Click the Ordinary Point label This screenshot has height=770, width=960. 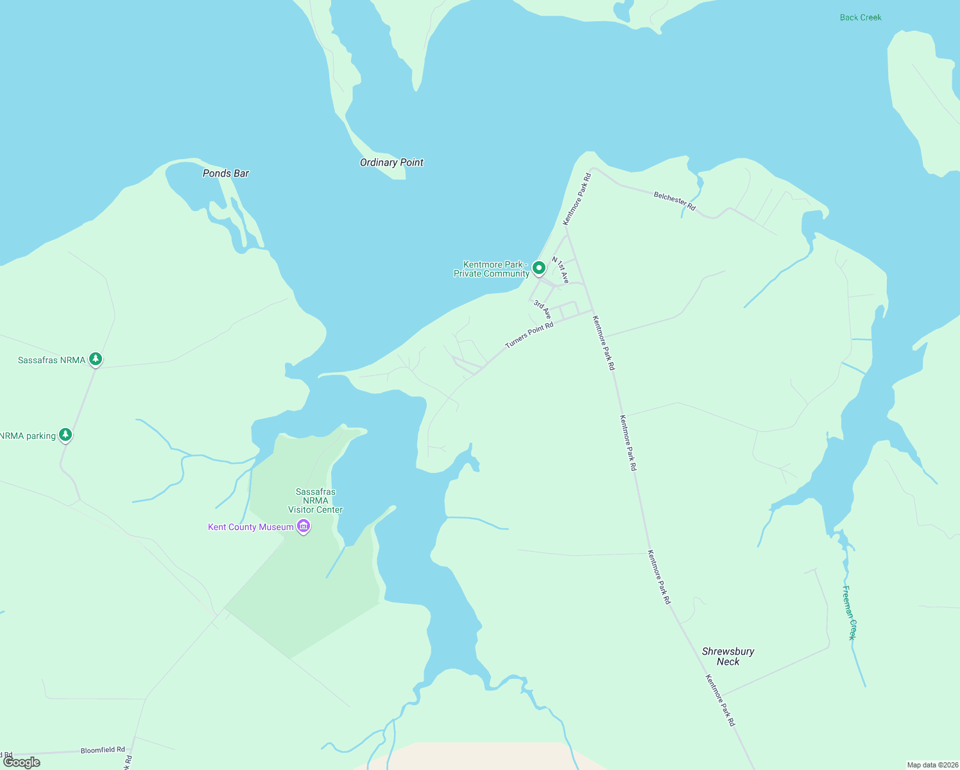(391, 162)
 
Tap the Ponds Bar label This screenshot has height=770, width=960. (226, 173)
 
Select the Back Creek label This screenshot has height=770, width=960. (861, 17)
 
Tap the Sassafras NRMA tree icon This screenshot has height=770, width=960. (96, 359)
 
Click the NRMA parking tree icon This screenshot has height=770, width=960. (65, 434)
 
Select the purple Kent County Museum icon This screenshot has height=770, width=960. (304, 527)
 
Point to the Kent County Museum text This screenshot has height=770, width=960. (251, 527)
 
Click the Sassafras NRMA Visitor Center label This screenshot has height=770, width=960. (315, 501)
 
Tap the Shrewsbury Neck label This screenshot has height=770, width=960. (728, 656)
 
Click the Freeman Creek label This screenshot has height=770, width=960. (849, 612)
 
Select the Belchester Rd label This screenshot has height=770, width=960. (674, 201)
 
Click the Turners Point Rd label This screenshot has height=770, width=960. (529, 336)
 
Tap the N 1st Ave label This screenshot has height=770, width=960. (560, 270)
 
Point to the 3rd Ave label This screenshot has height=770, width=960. (542, 309)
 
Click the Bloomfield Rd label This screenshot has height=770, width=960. (103, 750)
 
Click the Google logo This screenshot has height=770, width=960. (22, 762)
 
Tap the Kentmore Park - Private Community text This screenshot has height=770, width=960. (492, 269)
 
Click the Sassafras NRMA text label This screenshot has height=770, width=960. (51, 360)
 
